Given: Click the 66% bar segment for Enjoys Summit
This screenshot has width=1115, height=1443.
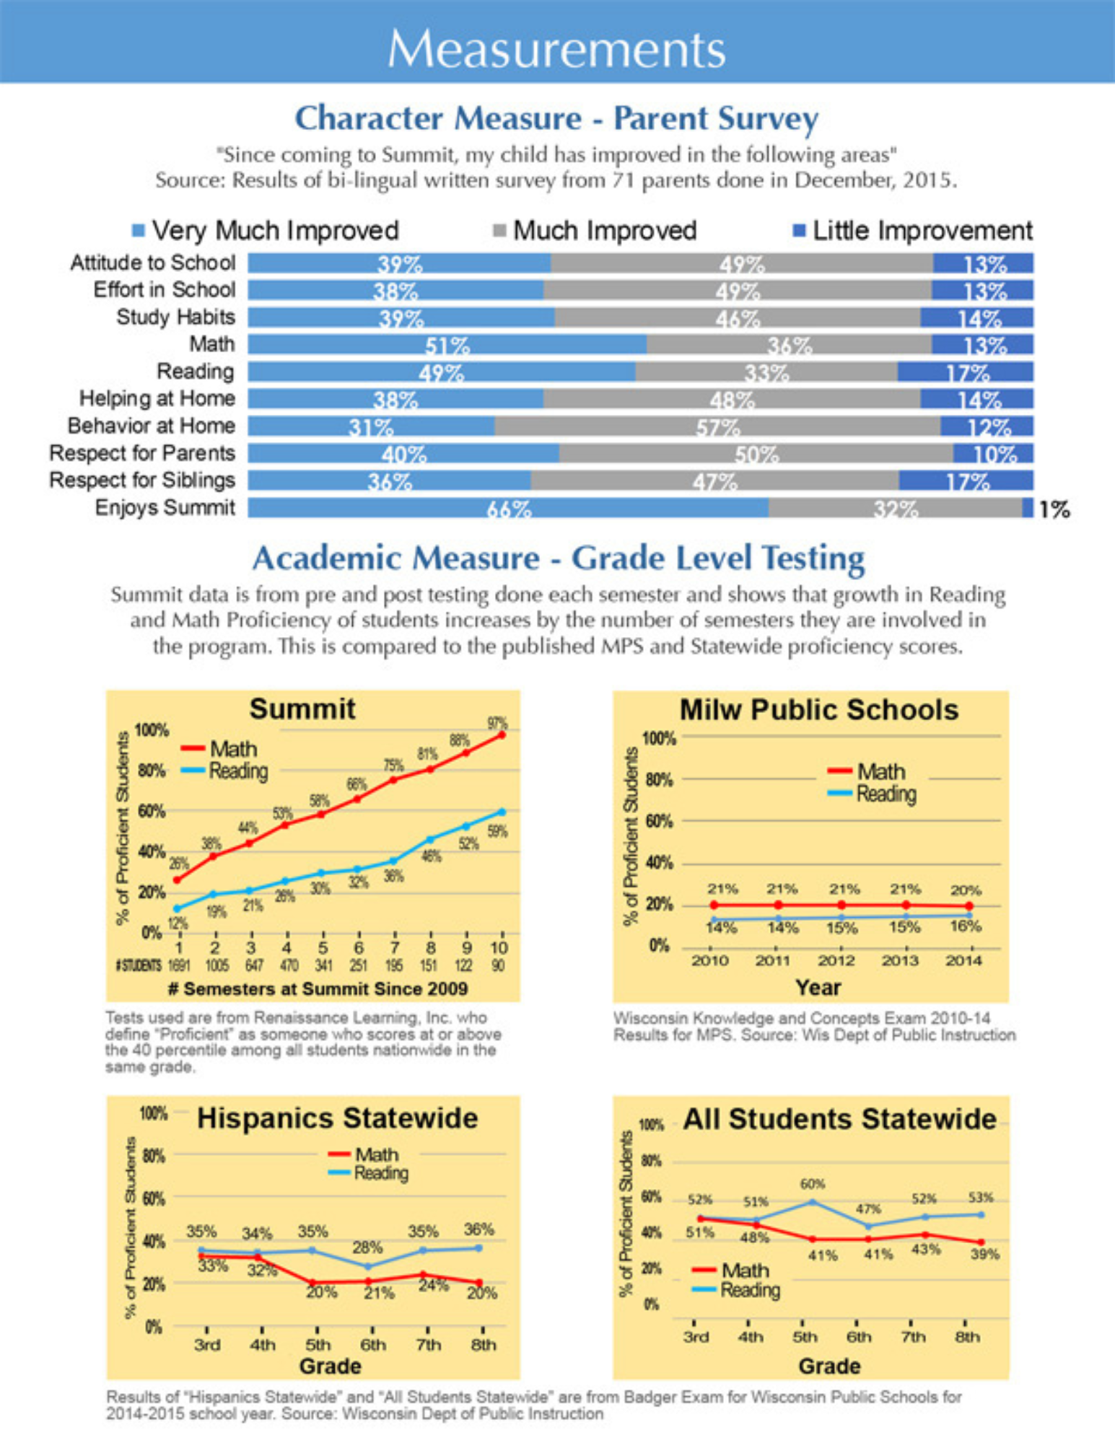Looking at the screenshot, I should pyautogui.click(x=508, y=508).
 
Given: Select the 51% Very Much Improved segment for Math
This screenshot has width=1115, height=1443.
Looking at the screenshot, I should pyautogui.click(x=447, y=345).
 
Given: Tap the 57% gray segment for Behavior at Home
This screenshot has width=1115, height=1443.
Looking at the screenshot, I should pyautogui.click(x=717, y=426).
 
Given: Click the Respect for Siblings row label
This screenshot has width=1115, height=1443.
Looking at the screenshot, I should pyautogui.click(x=142, y=481).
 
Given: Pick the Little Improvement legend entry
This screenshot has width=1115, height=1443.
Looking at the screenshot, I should pyautogui.click(x=913, y=231).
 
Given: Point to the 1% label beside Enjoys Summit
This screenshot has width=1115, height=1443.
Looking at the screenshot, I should pyautogui.click(x=1054, y=510).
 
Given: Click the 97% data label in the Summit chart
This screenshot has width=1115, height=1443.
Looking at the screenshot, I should pyautogui.click(x=497, y=723).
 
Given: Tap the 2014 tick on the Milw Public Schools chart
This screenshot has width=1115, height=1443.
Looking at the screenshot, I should pyautogui.click(x=963, y=960).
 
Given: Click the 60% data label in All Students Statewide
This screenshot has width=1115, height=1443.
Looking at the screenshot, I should pyautogui.click(x=812, y=1184).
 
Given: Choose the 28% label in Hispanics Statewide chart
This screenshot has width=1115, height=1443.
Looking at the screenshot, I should pyautogui.click(x=367, y=1247).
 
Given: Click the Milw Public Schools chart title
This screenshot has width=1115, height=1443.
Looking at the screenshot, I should pyautogui.click(x=818, y=710).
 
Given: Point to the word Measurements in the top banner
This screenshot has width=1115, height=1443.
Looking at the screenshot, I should pyautogui.click(x=556, y=49).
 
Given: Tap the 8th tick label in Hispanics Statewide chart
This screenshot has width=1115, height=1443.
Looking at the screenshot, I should pyautogui.click(x=483, y=1345).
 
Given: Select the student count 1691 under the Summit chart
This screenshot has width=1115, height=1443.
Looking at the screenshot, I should pyautogui.click(x=178, y=965).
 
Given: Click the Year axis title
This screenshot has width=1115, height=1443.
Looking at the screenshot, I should pyautogui.click(x=818, y=987).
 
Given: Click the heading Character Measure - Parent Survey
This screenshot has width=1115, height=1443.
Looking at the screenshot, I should pyautogui.click(x=556, y=118).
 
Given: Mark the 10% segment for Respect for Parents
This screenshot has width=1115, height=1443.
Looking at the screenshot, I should pyautogui.click(x=994, y=454).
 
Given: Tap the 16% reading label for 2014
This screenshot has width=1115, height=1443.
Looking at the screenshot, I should pyautogui.click(x=966, y=926).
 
